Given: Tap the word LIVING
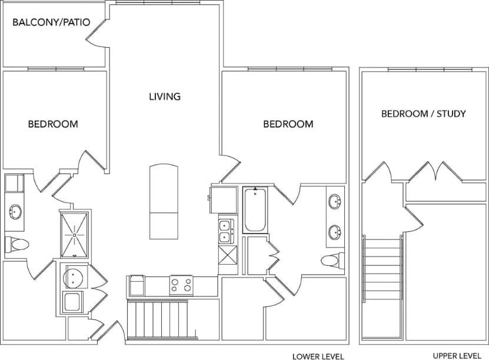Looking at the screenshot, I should [x=164, y=96].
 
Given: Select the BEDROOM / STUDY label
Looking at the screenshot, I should [x=423, y=114].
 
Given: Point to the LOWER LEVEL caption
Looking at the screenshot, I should [x=318, y=356].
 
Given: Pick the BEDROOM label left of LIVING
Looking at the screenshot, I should [x=53, y=124].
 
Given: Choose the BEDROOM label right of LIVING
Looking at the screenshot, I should [x=288, y=124].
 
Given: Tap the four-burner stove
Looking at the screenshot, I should [x=181, y=285].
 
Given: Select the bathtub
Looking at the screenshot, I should [x=255, y=209].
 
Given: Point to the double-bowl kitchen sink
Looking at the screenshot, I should [x=224, y=231].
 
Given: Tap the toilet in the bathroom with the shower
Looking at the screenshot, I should [x=16, y=244].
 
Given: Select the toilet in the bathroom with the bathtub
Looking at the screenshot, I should [x=332, y=259].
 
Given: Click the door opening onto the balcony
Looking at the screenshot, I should [x=97, y=35].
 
